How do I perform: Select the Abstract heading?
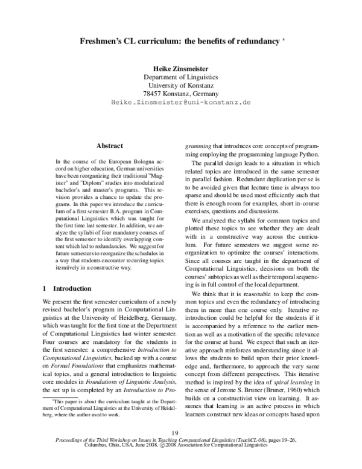pyautogui.click(x=109, y=146)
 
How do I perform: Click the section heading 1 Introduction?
pyautogui.click(x=66, y=288)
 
